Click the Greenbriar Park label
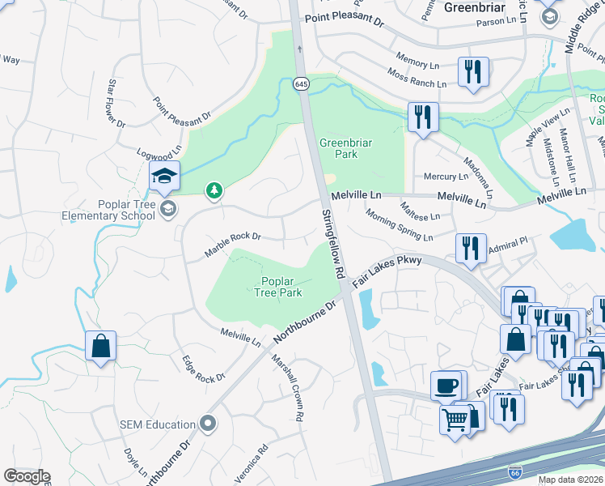(x=345, y=148)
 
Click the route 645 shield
(x=301, y=83)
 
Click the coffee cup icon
(x=446, y=385)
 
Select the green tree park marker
(x=214, y=190)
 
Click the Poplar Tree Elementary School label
(x=109, y=210)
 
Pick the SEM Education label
(x=158, y=424)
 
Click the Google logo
(x=27, y=476)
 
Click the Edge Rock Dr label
(x=203, y=369)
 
